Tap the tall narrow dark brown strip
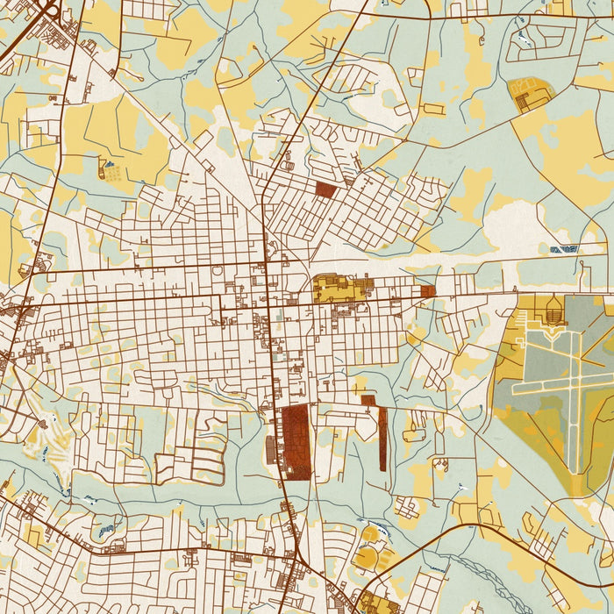click(382, 438)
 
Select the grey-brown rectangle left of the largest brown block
click(270, 449)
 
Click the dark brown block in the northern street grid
click(326, 189)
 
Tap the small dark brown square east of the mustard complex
click(427, 290)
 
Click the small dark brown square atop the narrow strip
click(368, 401)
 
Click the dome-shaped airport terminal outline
click(553, 309)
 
